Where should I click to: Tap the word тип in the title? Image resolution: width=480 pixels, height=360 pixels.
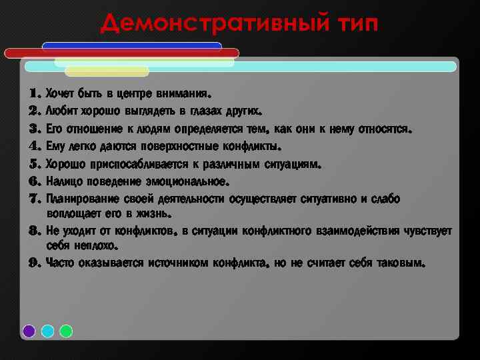[x=353, y=25]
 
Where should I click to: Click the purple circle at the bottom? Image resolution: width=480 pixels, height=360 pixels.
[x=29, y=331]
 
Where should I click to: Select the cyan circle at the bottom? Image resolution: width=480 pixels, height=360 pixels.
[x=47, y=331]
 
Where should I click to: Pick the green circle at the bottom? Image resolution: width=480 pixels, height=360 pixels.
[x=66, y=331]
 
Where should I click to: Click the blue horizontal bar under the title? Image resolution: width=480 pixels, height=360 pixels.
[x=131, y=46]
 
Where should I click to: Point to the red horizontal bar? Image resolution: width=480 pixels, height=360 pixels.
[x=121, y=53]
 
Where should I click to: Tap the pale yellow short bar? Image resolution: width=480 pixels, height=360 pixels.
[x=107, y=71]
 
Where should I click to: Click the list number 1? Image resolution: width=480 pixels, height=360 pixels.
[x=35, y=93]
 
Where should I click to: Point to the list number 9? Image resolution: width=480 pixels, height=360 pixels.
[x=35, y=263]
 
